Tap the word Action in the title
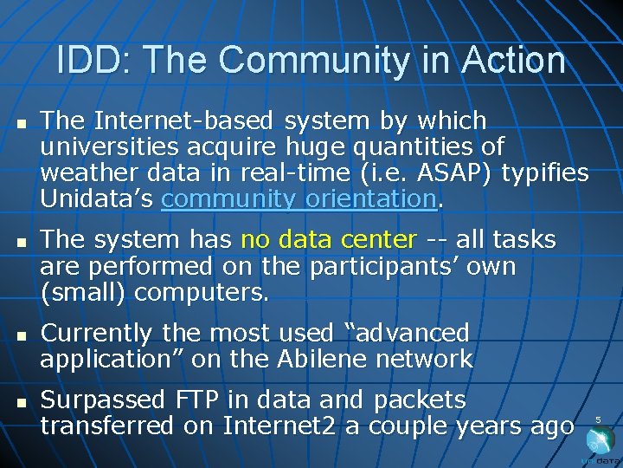(514, 61)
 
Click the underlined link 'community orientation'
(299, 198)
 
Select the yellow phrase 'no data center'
(329, 238)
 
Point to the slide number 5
(598, 420)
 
